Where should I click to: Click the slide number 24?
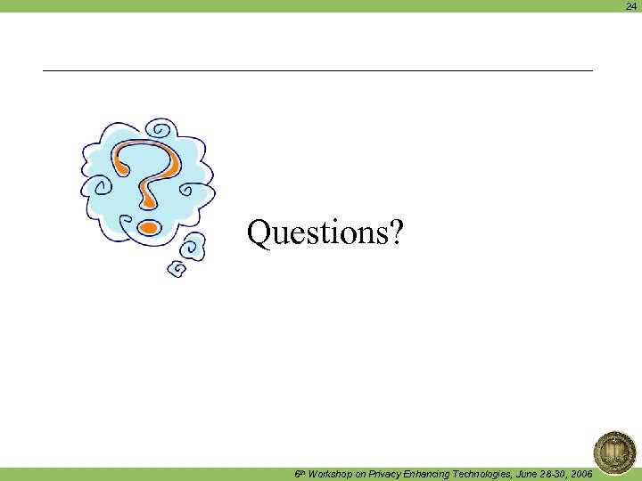point(631,5)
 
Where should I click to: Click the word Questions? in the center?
point(325,233)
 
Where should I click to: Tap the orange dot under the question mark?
point(149,227)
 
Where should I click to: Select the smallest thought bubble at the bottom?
point(177,266)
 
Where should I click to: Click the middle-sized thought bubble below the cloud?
point(193,246)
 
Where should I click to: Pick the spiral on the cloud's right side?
point(187,189)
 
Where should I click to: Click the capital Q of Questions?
point(259,233)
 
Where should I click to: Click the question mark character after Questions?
point(396,233)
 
